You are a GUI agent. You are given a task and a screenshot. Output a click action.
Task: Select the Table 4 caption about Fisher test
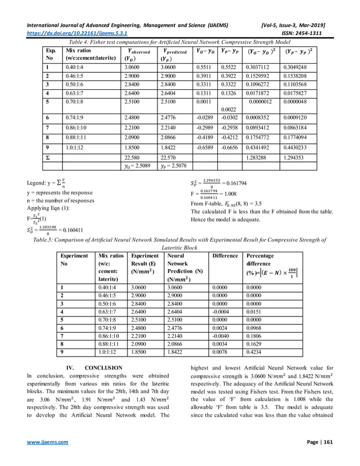[179, 42]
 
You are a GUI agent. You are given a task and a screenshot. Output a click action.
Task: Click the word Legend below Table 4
[37, 183]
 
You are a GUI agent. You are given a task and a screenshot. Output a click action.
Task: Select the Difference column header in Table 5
[225, 256]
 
